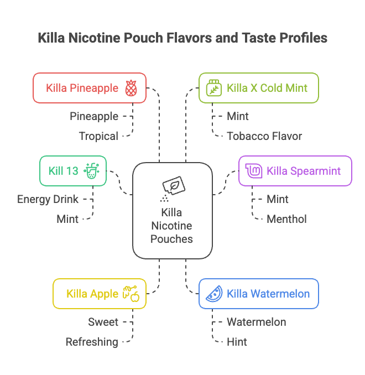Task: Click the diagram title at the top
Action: [x=182, y=38]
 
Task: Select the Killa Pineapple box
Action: [x=90, y=88]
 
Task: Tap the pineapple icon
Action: [x=131, y=88]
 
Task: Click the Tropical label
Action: [x=98, y=136]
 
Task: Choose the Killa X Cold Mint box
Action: [x=258, y=88]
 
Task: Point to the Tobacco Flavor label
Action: [x=264, y=136]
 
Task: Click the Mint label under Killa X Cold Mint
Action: [x=238, y=116]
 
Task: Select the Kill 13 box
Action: [x=73, y=171]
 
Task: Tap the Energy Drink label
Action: [x=48, y=199]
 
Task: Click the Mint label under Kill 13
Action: [x=67, y=219]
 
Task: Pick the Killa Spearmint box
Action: [x=295, y=171]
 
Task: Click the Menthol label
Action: [x=286, y=219]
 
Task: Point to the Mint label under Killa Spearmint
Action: [x=278, y=199]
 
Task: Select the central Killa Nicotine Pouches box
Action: [x=173, y=211]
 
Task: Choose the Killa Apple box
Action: [x=99, y=294]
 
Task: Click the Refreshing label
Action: [x=92, y=342]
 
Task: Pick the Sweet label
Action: [x=103, y=322]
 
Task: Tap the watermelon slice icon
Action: [x=213, y=294]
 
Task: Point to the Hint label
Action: [x=237, y=342]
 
